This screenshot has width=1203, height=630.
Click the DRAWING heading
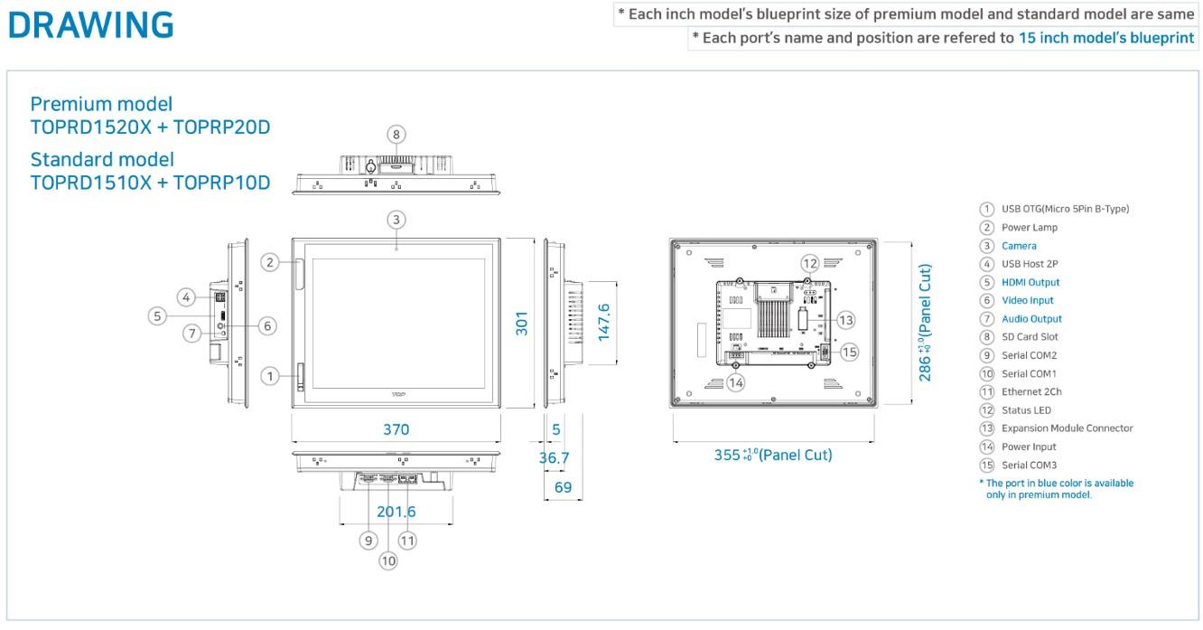point(90,25)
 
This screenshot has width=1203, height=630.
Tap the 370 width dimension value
point(396,429)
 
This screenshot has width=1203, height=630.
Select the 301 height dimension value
point(522,323)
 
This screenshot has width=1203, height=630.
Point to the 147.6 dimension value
point(603,322)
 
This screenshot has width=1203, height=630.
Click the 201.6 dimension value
point(396,512)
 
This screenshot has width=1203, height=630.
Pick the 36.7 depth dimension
point(554,457)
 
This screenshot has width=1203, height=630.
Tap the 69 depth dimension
point(563,487)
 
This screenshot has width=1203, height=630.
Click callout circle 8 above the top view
point(396,135)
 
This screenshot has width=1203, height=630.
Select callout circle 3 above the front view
point(396,220)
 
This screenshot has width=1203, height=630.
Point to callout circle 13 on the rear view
point(846,320)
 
